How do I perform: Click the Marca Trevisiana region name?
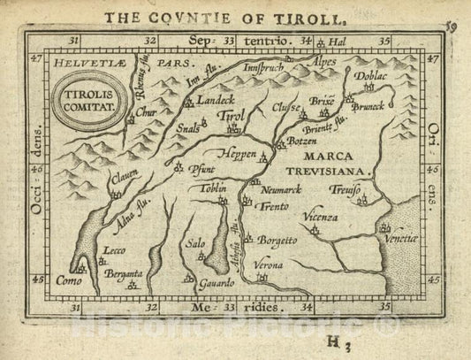point(336,160)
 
